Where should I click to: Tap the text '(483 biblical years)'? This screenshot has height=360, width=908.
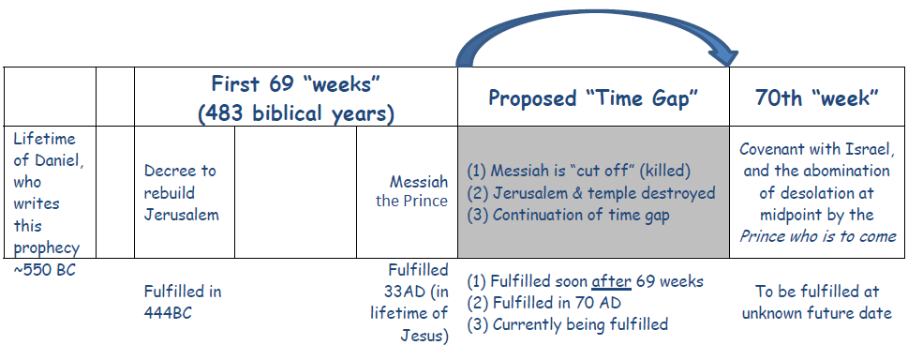295,113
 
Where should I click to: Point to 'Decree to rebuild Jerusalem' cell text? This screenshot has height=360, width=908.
180,192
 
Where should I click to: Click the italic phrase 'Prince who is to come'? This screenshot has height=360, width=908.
817,236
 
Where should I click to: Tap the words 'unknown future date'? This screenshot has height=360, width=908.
816,313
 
